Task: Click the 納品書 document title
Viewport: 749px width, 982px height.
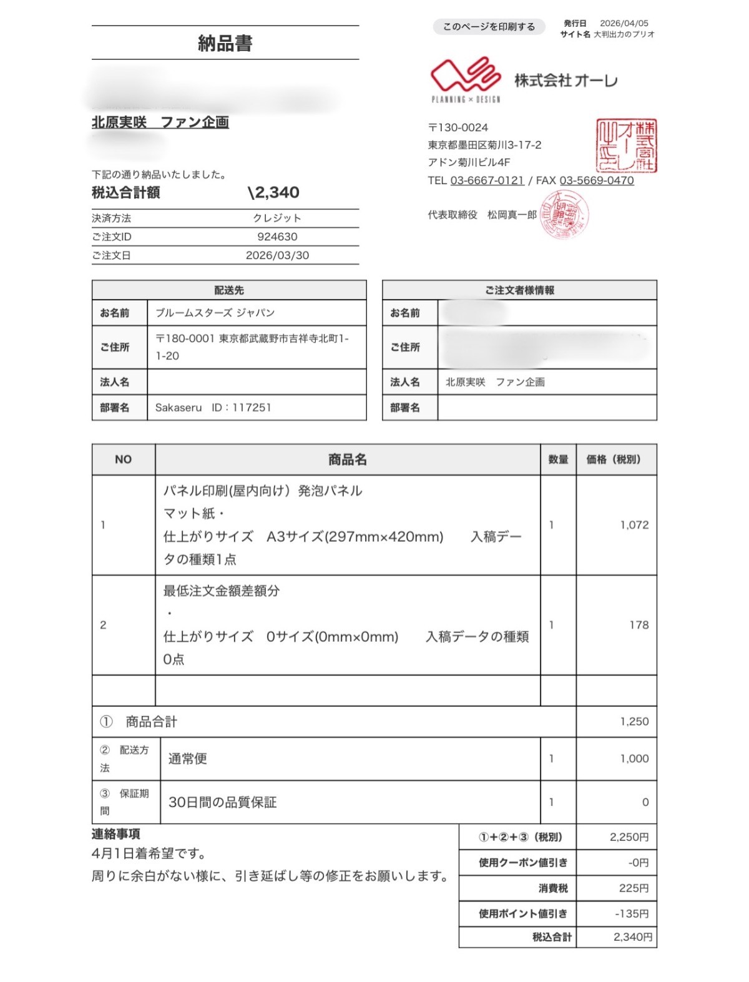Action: tap(225, 43)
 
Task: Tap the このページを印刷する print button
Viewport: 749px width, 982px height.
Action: tap(489, 27)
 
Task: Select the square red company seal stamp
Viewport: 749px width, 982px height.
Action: tap(626, 146)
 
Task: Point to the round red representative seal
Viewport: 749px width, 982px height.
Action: tap(564, 215)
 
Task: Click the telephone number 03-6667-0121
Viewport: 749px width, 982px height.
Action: tap(487, 180)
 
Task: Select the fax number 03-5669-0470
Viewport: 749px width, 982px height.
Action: tap(596, 180)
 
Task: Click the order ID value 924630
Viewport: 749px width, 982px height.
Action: tap(277, 237)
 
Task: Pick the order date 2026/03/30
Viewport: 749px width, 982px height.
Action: tap(277, 255)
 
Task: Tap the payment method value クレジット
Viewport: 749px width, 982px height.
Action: tap(277, 218)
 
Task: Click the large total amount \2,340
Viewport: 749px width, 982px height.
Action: tap(273, 192)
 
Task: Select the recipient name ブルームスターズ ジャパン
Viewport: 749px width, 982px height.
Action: tap(215, 313)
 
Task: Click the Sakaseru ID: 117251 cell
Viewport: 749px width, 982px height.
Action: tap(213, 408)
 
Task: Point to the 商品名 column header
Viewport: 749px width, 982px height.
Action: tap(347, 459)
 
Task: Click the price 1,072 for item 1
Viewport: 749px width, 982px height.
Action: tap(634, 525)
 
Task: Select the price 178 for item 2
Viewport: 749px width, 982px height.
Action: tap(639, 625)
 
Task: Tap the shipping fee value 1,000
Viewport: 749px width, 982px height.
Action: tap(634, 759)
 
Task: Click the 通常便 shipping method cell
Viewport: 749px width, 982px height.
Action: tap(188, 759)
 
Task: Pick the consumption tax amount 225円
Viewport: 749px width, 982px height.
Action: tap(634, 888)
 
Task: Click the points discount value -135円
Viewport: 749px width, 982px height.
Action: tap(632, 914)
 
